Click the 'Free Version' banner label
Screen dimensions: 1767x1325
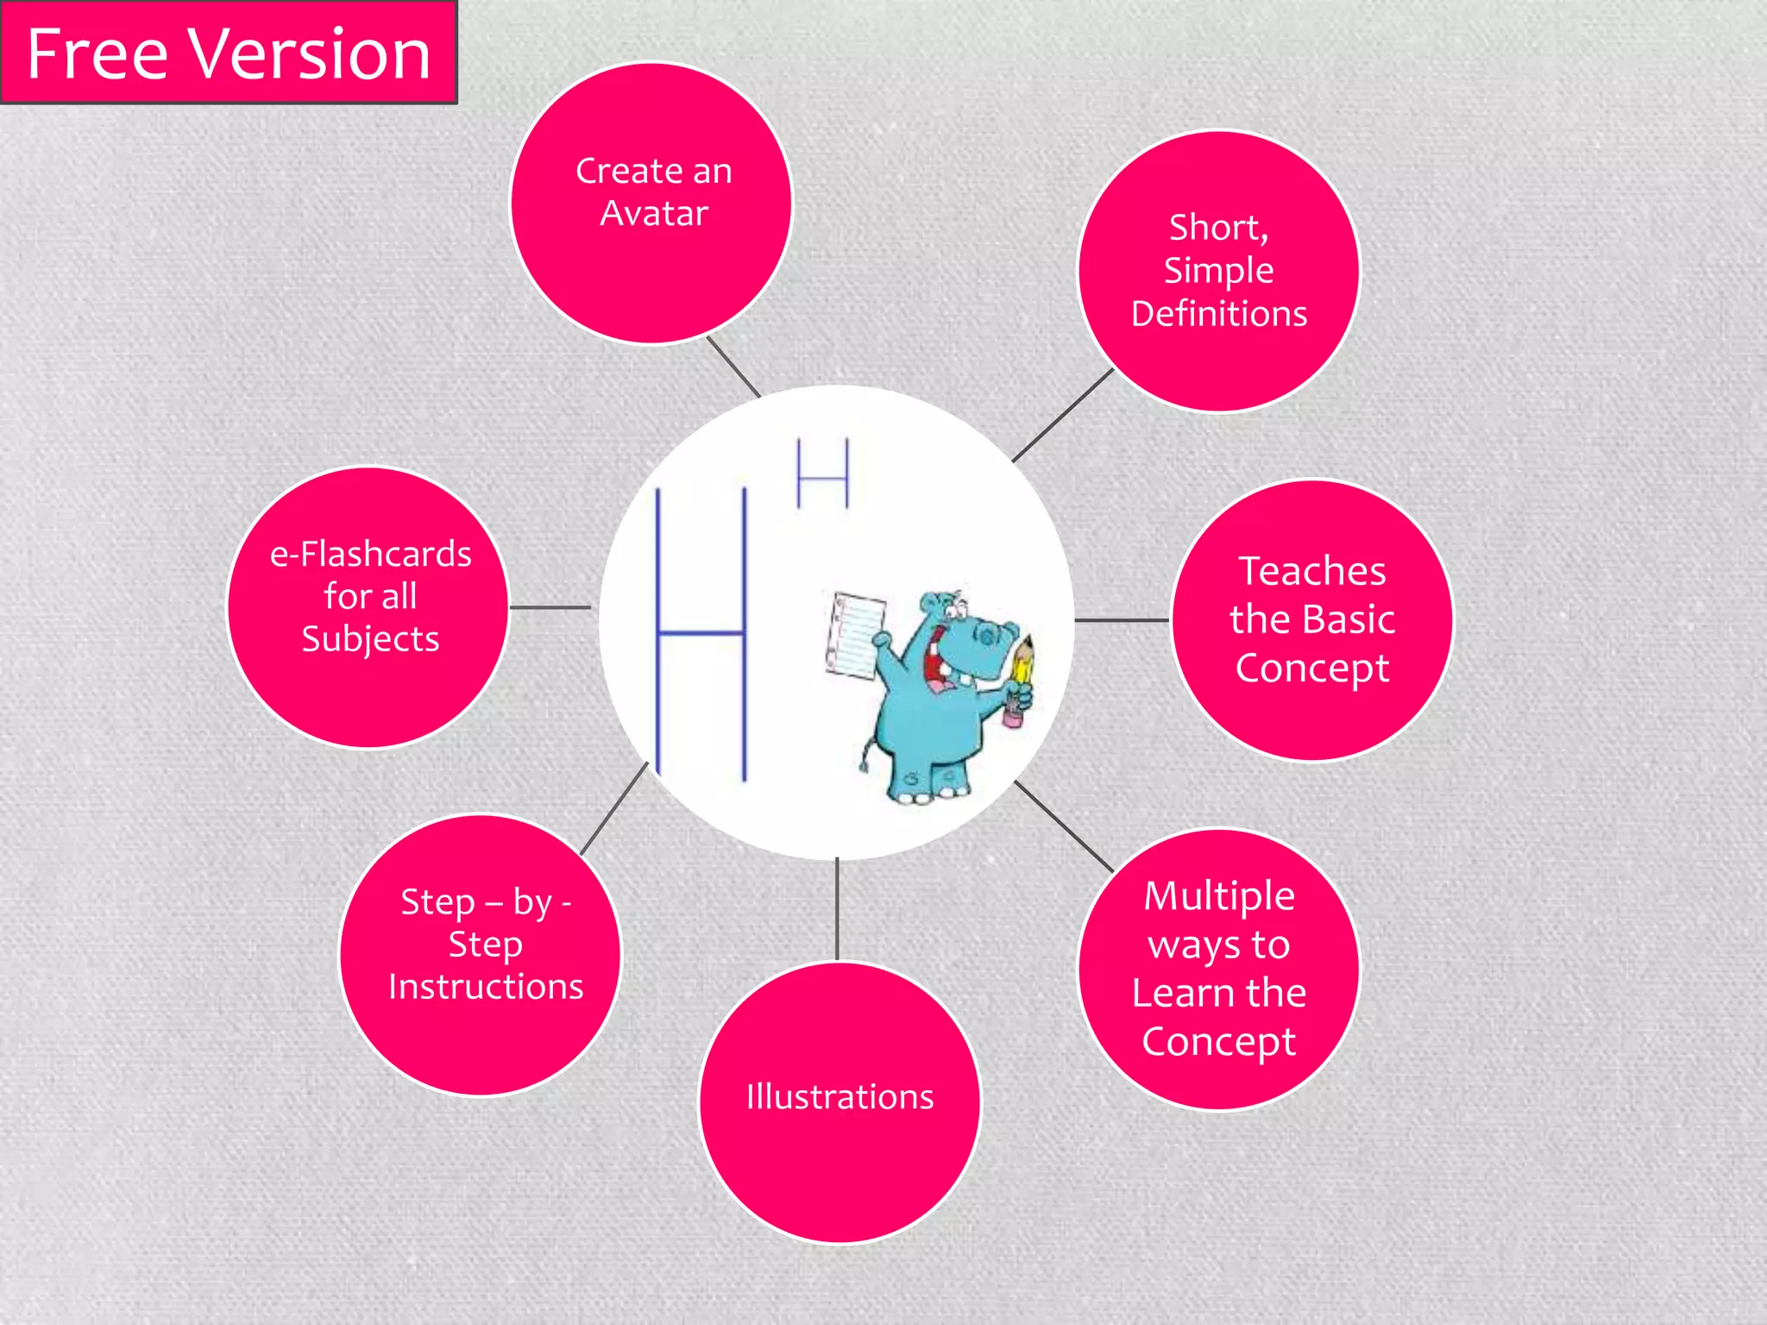click(x=229, y=53)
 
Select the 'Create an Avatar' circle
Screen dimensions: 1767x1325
click(x=652, y=204)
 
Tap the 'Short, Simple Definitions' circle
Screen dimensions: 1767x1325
click(x=1218, y=271)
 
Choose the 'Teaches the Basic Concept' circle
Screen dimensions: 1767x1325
click(x=1311, y=620)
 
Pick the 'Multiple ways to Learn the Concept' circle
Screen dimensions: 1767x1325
click(x=1218, y=969)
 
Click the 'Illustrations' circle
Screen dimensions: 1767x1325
click(x=839, y=1102)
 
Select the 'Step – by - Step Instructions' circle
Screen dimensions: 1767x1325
click(x=481, y=955)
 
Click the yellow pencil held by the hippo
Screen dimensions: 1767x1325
click(x=1022, y=669)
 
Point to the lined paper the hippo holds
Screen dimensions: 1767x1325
click(x=856, y=635)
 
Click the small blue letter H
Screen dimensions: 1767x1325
click(x=822, y=474)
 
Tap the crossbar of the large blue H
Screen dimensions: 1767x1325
click(x=701, y=633)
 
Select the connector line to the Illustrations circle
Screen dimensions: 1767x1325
click(x=837, y=909)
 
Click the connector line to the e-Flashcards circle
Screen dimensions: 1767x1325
click(x=550, y=607)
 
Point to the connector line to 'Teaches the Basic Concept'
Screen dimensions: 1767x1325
click(x=1122, y=620)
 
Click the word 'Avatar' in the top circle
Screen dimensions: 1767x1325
click(x=654, y=213)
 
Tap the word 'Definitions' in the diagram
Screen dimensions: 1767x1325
click(x=1218, y=314)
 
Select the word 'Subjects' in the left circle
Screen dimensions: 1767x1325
click(x=370, y=639)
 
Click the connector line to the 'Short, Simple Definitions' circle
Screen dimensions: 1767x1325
click(x=1063, y=415)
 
